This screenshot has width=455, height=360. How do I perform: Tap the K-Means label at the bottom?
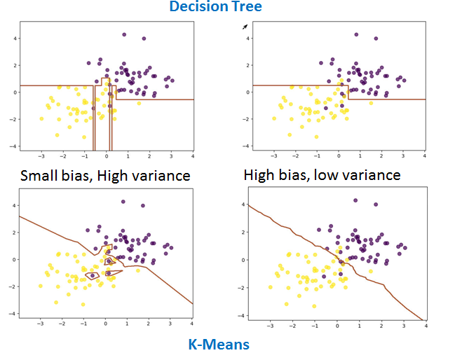(x=219, y=344)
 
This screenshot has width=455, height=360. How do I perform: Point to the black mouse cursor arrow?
(x=245, y=27)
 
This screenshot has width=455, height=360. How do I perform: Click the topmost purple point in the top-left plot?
(x=124, y=34)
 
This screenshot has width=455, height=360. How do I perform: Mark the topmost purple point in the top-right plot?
(x=356, y=34)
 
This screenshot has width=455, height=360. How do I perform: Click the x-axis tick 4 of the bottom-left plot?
(x=192, y=324)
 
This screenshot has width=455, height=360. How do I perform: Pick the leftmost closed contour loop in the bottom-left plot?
(x=92, y=275)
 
